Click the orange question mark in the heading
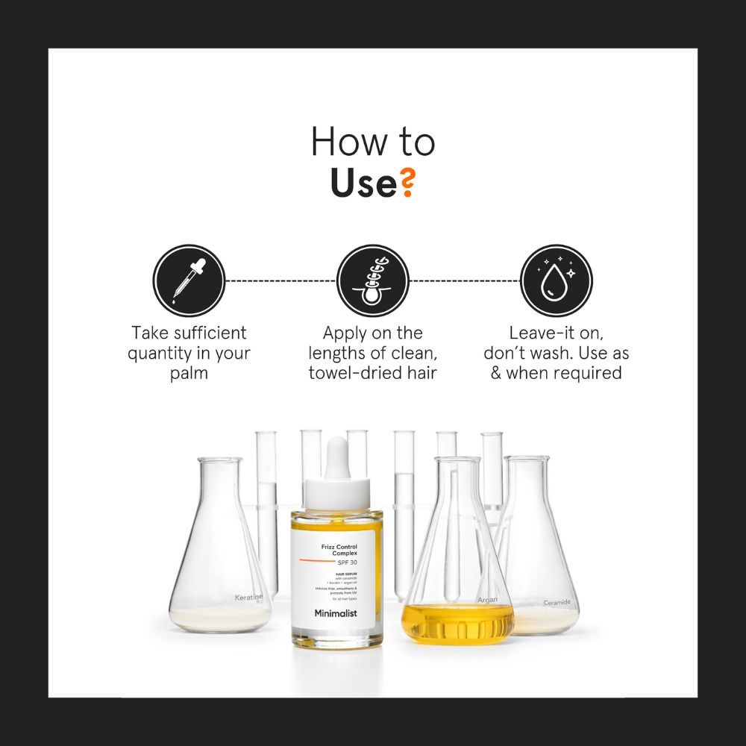click(406, 184)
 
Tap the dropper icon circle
click(189, 280)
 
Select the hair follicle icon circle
click(372, 280)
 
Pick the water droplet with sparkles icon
click(556, 280)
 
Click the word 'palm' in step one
click(189, 372)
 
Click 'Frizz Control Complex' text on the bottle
click(337, 550)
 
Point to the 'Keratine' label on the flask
click(249, 598)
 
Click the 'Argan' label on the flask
click(487, 599)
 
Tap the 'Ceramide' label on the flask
click(557, 601)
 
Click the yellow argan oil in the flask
click(457, 623)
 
